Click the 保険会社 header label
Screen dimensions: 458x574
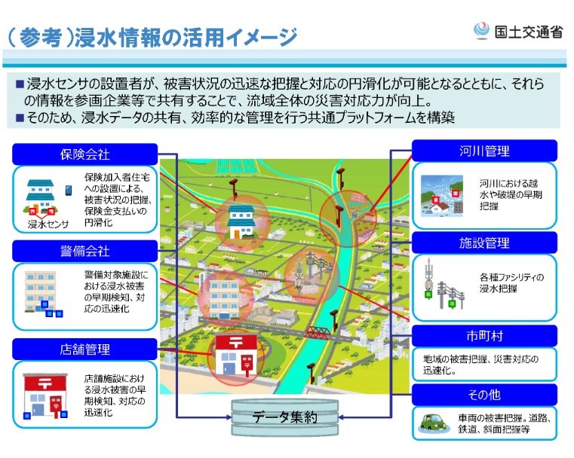click(x=85, y=154)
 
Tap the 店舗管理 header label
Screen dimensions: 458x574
click(x=85, y=349)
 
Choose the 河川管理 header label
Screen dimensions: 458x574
click(x=484, y=151)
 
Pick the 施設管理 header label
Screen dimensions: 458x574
click(x=484, y=243)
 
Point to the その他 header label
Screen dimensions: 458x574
click(x=484, y=395)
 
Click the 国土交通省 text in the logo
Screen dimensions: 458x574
click(x=529, y=32)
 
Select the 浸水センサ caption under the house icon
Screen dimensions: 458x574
click(x=48, y=224)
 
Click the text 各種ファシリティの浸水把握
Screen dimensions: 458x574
click(x=510, y=282)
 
